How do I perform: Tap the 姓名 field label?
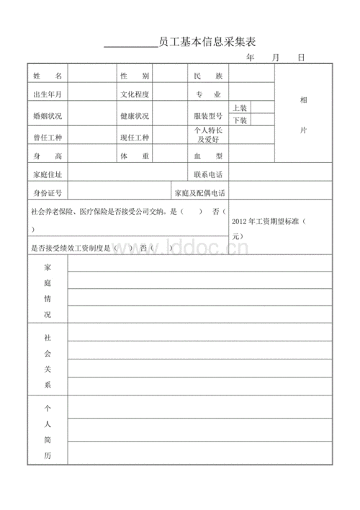48,75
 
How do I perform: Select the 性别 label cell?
135,75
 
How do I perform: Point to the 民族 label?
208,75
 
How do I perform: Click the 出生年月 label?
48,94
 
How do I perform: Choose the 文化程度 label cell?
135,94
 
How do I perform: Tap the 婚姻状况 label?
48,116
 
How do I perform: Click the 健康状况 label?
135,116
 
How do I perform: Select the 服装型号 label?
208,116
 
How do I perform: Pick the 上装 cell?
240,107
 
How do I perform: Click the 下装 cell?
240,121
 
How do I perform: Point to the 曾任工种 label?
48,137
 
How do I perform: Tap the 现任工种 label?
135,137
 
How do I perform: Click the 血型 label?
208,156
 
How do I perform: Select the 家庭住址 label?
48,174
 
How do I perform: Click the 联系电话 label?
208,174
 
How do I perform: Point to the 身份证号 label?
48,192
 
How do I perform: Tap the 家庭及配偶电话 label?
199,192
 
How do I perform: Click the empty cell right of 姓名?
92,75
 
